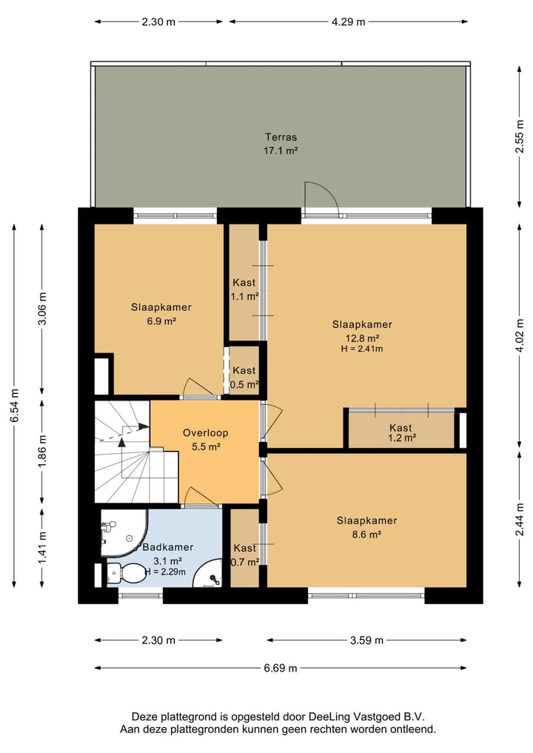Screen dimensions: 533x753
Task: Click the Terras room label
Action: [x=281, y=137]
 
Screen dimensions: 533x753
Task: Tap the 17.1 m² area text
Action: [x=281, y=150]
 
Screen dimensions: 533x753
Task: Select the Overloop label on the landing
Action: [x=206, y=432]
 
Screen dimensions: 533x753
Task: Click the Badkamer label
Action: [x=168, y=547]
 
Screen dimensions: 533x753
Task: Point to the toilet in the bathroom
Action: [x=126, y=572]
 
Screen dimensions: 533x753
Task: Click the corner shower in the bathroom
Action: [x=123, y=533]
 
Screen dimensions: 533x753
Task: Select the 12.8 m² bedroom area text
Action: [x=363, y=338]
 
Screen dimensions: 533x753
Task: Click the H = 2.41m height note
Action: [x=362, y=349]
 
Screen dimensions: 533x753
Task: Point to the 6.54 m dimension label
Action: [x=15, y=405]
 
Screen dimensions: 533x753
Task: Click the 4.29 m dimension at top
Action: [x=348, y=21]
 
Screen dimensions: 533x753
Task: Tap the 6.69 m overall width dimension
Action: [x=281, y=668]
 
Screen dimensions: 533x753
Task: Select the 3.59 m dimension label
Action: [x=366, y=640]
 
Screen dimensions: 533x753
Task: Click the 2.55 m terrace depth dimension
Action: [x=520, y=136]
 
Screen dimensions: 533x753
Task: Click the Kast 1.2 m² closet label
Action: [x=401, y=432]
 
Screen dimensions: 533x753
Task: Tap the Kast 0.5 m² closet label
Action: [x=244, y=378]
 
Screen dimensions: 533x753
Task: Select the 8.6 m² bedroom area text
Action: [x=366, y=534]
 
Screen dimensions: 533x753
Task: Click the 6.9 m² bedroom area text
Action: [x=161, y=321]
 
